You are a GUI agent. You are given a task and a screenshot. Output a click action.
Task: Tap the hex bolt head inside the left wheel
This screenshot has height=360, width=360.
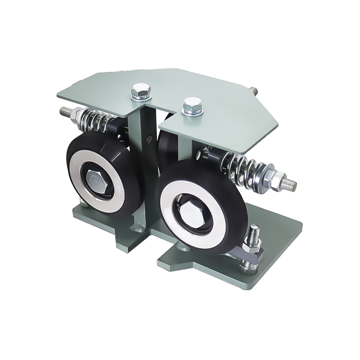click(x=94, y=180)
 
